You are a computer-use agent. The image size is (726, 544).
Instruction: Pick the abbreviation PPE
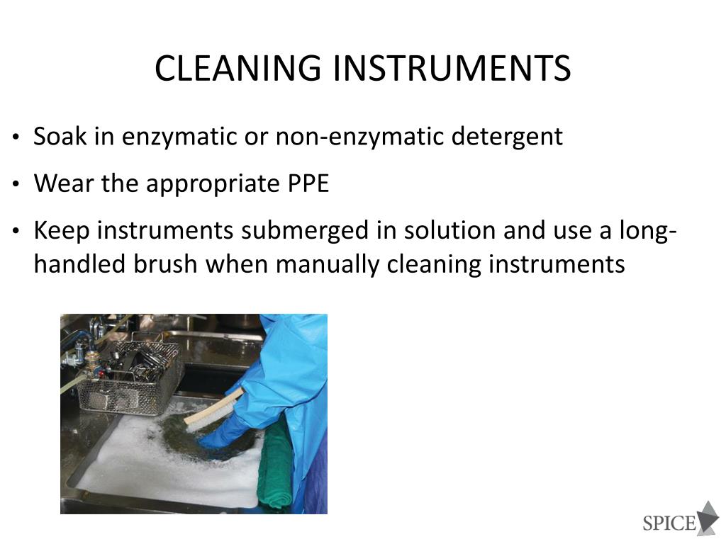308,183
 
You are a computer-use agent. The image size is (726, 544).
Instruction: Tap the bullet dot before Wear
16,185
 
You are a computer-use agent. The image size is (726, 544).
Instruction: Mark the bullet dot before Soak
16,137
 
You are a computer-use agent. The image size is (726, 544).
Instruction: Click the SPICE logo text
669,523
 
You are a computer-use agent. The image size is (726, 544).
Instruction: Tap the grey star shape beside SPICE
708,517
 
